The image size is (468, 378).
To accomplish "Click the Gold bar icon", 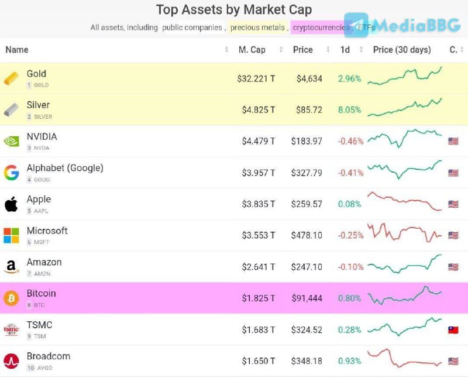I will pyautogui.click(x=11, y=78).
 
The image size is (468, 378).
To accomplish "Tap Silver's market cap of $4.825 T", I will pyautogui.click(x=258, y=110).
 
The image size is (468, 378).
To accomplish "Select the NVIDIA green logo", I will pyautogui.click(x=11, y=141).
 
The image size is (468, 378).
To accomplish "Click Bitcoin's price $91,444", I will pyautogui.click(x=307, y=298).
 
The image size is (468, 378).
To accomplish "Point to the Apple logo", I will pyautogui.click(x=11, y=204).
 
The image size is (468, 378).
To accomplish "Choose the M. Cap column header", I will pyautogui.click(x=252, y=50).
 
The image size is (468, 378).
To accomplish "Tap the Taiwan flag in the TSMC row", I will pyautogui.click(x=453, y=330).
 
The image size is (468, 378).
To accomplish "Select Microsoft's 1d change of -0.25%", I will pyautogui.click(x=350, y=235).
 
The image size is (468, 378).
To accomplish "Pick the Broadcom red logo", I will pyautogui.click(x=11, y=361).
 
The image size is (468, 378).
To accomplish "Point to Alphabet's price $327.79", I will pyautogui.click(x=307, y=173).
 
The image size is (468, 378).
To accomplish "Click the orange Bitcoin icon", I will pyautogui.click(x=11, y=298).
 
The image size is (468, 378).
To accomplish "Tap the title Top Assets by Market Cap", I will pyautogui.click(x=234, y=10).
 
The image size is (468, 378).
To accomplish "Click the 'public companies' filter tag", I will pyautogui.click(x=192, y=28).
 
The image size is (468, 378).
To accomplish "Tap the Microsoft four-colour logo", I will pyautogui.click(x=11, y=235).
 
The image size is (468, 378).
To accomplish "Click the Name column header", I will pyautogui.click(x=17, y=50).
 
